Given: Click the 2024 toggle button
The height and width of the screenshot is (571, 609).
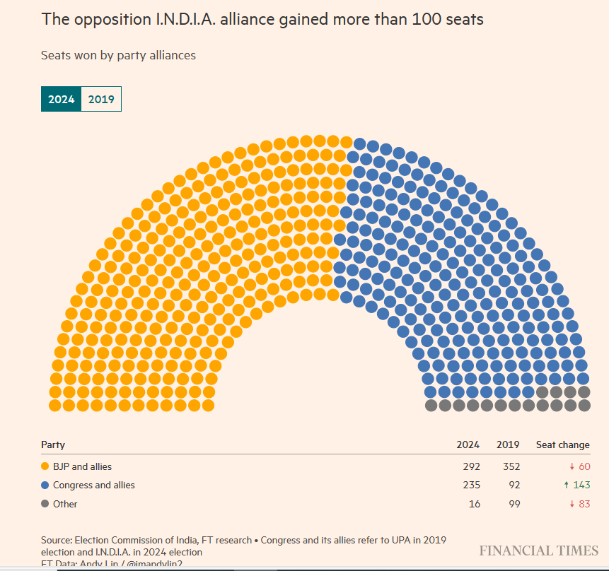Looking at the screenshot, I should pyautogui.click(x=61, y=100).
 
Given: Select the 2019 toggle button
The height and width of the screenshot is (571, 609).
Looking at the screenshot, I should pyautogui.click(x=101, y=100).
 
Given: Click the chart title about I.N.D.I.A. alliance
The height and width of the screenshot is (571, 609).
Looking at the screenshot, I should pyautogui.click(x=262, y=19).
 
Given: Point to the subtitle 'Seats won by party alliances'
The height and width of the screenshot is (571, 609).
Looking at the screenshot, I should pyautogui.click(x=118, y=55).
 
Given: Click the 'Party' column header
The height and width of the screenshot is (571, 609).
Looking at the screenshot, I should pyautogui.click(x=53, y=445).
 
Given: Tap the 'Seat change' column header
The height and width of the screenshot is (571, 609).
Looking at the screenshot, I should pyautogui.click(x=562, y=445).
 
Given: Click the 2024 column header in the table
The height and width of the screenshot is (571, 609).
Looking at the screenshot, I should pyautogui.click(x=468, y=445).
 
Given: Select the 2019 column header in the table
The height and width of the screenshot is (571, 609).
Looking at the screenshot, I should pyautogui.click(x=508, y=445).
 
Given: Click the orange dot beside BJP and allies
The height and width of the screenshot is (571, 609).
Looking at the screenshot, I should pyautogui.click(x=45, y=466).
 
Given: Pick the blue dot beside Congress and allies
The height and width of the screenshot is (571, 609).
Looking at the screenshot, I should pyautogui.click(x=45, y=485).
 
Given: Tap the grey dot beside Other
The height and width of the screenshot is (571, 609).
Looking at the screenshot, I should pyautogui.click(x=45, y=504).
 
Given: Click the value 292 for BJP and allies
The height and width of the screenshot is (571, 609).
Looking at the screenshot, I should pyautogui.click(x=470, y=466).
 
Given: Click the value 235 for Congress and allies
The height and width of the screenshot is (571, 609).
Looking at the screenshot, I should pyautogui.click(x=470, y=485).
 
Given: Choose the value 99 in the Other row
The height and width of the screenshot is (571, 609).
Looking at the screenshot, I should pyautogui.click(x=513, y=504).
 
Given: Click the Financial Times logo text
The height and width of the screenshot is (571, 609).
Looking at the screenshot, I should pyautogui.click(x=538, y=551).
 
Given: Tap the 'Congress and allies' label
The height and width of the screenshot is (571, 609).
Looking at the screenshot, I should pyautogui.click(x=93, y=485).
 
